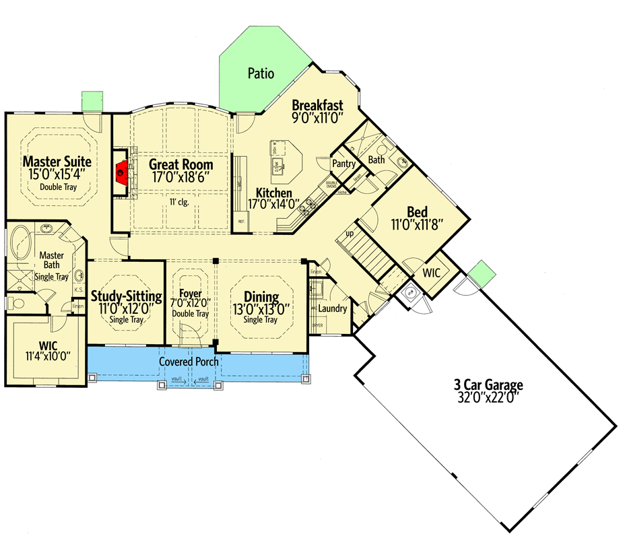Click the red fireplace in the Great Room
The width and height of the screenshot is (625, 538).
point(121,172)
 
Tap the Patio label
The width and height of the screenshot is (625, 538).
point(261,73)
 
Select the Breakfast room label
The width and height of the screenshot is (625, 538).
point(318,105)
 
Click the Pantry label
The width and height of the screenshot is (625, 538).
point(343,164)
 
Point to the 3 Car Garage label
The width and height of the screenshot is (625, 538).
point(488,385)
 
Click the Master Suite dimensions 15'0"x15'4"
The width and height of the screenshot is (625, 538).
point(57,174)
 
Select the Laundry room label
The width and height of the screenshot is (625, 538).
point(333,309)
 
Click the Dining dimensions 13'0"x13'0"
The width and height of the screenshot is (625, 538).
point(261,310)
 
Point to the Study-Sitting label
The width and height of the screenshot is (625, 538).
point(127,296)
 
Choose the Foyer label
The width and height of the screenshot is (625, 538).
point(191,294)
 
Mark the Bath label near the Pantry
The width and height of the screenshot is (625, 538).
point(376,160)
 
